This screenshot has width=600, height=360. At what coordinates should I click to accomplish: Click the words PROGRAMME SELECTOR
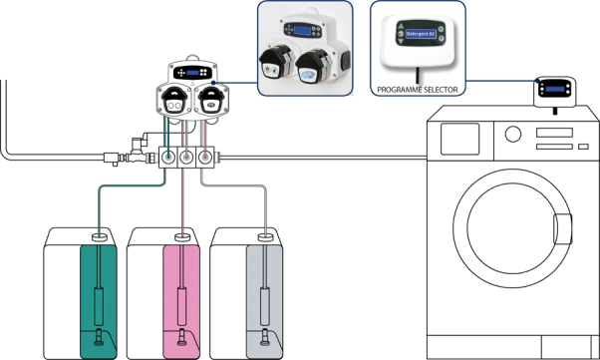coord(418,89)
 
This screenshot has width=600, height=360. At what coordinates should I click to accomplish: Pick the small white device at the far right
coord(554,94)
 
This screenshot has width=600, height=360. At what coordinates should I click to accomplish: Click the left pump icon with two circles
coord(174,102)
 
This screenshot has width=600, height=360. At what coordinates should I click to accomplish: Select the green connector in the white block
coord(169,157)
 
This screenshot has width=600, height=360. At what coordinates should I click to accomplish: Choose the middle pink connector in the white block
coord(187,157)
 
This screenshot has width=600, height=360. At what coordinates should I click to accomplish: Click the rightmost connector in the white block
coord(205,157)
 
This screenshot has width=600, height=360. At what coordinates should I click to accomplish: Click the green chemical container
coord(98,299)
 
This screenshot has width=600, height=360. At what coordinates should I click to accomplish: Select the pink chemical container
coord(181,299)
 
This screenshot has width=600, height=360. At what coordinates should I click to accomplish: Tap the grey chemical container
coord(264,299)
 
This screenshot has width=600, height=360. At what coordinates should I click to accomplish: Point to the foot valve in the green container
coord(98,338)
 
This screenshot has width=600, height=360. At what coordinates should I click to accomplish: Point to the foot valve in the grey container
coord(264,338)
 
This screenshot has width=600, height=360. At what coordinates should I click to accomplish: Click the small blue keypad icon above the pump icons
coord(191,72)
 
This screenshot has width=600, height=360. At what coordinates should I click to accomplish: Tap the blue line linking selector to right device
coord(498,82)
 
